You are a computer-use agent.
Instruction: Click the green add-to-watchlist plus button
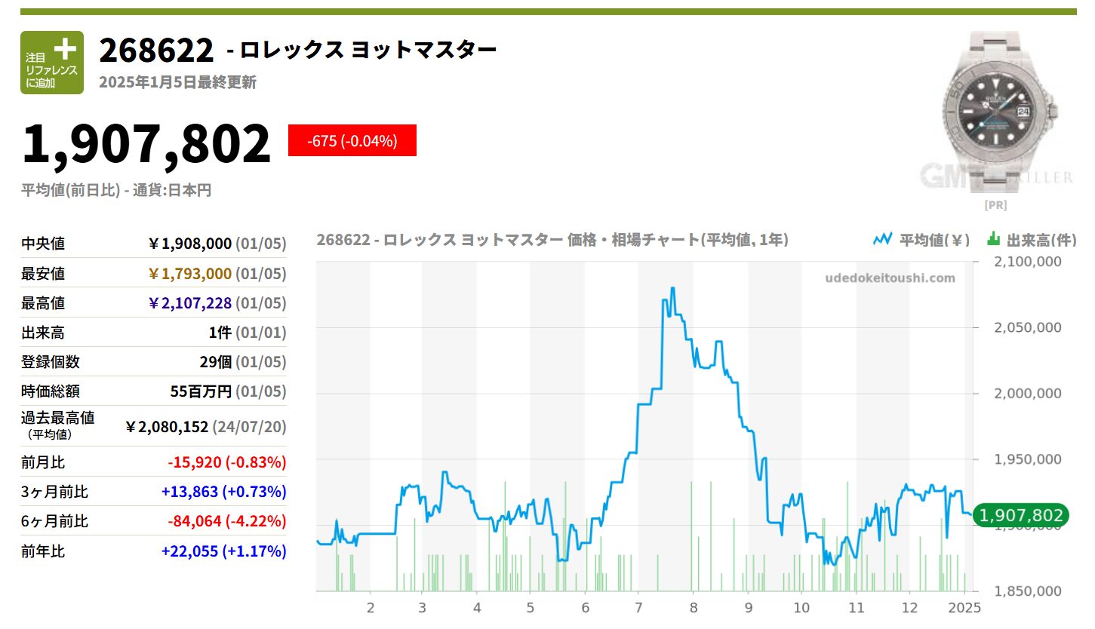click(x=52, y=63)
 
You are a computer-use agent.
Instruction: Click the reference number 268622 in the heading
click(x=157, y=51)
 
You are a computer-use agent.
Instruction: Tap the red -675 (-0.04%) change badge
click(x=352, y=140)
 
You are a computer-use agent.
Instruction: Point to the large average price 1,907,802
click(x=146, y=144)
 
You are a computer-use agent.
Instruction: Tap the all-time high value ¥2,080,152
click(x=167, y=427)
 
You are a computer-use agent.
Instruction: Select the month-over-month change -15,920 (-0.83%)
click(x=224, y=462)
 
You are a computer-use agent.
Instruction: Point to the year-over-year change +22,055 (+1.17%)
click(x=224, y=551)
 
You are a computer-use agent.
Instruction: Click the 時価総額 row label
click(x=51, y=391)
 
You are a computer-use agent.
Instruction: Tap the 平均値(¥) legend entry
click(x=921, y=240)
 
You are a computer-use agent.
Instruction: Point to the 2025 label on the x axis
click(x=964, y=608)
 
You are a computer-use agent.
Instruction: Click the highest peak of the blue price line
click(x=672, y=288)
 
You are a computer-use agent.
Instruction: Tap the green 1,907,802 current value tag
click(x=1022, y=515)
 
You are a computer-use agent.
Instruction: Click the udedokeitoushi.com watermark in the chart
click(x=890, y=278)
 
